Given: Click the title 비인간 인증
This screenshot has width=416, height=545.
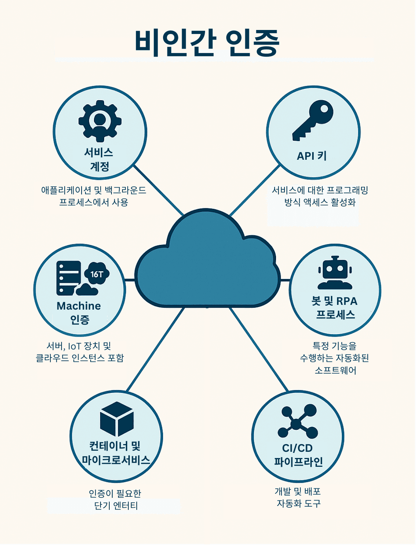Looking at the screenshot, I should (207, 43).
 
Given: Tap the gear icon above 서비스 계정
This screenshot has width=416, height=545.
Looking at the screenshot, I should (100, 121).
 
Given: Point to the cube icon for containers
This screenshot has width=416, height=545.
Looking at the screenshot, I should (117, 419).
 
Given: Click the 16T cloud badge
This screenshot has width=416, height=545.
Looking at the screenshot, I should (97, 274).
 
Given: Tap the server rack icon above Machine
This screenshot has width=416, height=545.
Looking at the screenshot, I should (68, 278).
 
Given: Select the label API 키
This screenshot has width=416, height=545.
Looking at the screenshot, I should (312, 156).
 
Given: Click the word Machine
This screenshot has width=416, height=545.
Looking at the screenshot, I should (79, 306).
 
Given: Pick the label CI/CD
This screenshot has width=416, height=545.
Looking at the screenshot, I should (297, 448).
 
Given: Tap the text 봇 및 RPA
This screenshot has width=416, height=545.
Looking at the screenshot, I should (334, 301).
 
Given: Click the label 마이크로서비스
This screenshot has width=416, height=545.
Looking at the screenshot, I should (116, 460).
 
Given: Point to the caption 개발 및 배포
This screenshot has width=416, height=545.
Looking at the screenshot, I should (298, 492).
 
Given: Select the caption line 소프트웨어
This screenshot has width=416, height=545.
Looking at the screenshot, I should (335, 370).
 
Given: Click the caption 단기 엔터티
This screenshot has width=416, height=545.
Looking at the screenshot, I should (116, 506).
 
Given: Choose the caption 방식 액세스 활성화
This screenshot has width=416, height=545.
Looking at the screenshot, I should (320, 203).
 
